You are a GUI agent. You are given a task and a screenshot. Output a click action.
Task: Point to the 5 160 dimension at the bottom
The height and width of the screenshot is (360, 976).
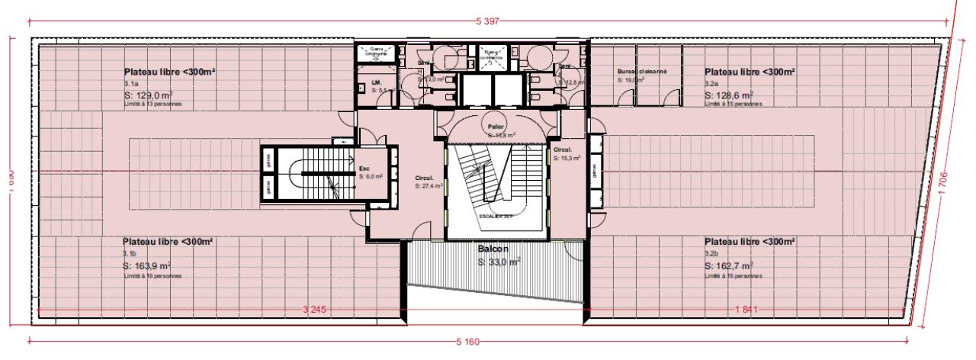point(467,342)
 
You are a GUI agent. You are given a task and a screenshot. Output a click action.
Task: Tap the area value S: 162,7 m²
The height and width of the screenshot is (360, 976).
point(729,266)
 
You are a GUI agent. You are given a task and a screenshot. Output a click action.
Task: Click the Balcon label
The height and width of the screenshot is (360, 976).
point(493,249)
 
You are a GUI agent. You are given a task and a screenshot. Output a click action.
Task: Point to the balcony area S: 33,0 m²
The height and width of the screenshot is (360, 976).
point(499,262)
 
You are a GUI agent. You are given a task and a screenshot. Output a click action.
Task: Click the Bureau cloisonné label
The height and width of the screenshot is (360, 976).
point(642,71)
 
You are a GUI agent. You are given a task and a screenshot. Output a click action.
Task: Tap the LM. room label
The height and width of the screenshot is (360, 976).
point(376,82)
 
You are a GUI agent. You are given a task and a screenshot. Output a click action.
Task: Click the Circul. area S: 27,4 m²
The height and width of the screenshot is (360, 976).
point(428,185)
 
